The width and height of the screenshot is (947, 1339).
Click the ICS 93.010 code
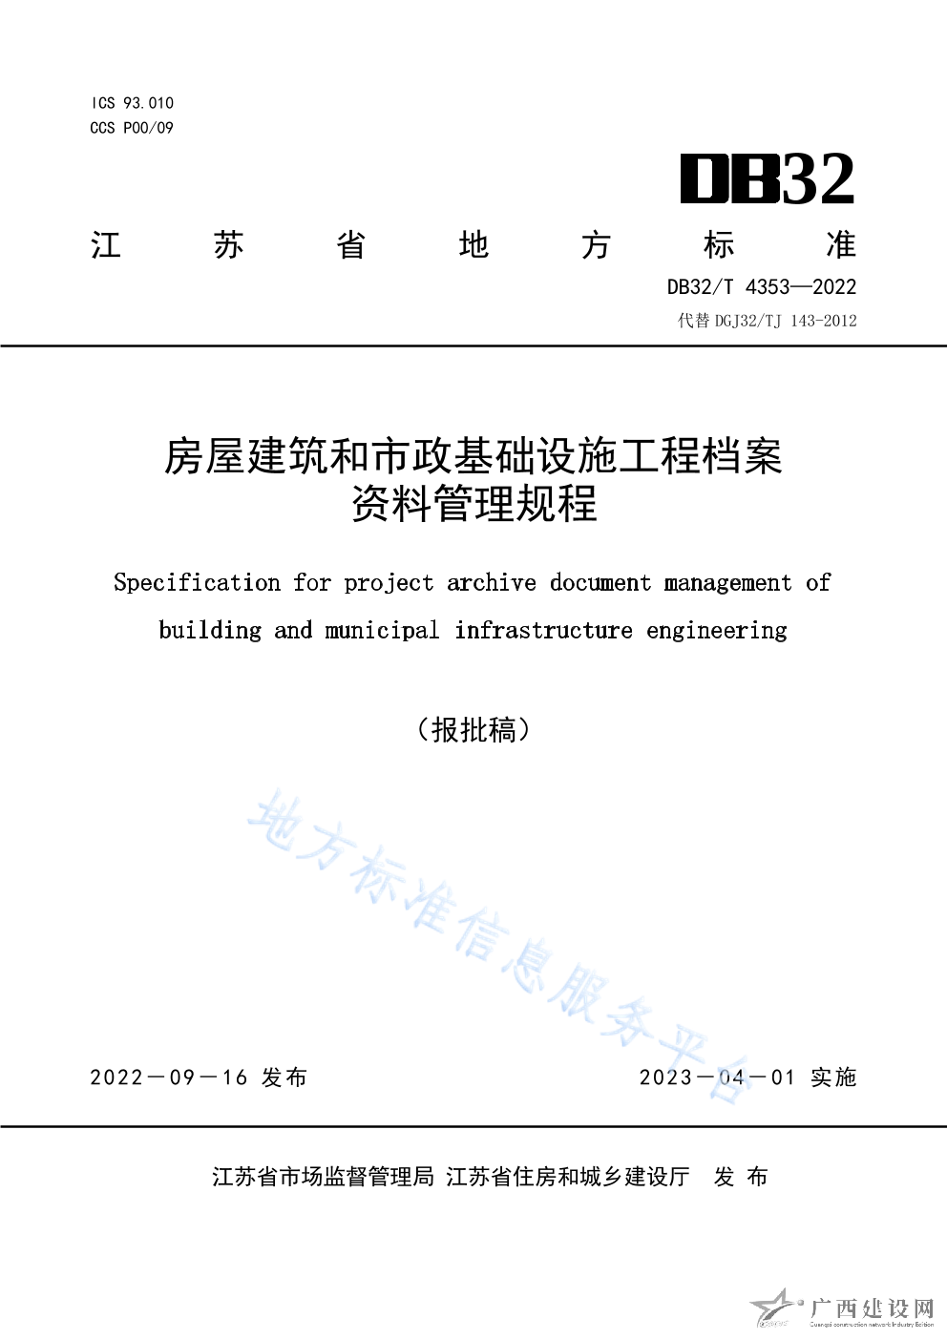[133, 103]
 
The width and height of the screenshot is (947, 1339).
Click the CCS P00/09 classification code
[132, 128]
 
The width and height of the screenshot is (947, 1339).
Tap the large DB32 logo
[767, 179]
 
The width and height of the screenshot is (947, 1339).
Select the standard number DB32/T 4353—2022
[761, 286]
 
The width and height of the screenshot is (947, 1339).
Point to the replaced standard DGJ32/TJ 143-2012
[767, 321]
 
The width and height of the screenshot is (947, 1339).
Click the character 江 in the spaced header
[106, 245]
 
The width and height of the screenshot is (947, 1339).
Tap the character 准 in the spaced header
[841, 245]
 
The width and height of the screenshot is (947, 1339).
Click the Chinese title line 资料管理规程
[473, 504]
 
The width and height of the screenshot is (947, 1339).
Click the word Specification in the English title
[197, 582]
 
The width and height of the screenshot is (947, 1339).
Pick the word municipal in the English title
[382, 630]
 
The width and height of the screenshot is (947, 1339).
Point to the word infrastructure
[543, 630]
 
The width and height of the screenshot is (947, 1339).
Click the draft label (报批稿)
[473, 730]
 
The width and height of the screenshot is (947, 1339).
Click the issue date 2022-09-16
[169, 1077]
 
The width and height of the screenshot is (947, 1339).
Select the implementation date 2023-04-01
[717, 1077]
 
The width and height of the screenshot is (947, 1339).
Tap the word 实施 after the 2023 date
[833, 1077]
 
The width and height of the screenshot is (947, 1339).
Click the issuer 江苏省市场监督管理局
[323, 1177]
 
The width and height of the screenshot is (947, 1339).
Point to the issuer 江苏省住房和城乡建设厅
[567, 1177]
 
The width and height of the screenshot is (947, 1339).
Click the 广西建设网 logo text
[871, 1308]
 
